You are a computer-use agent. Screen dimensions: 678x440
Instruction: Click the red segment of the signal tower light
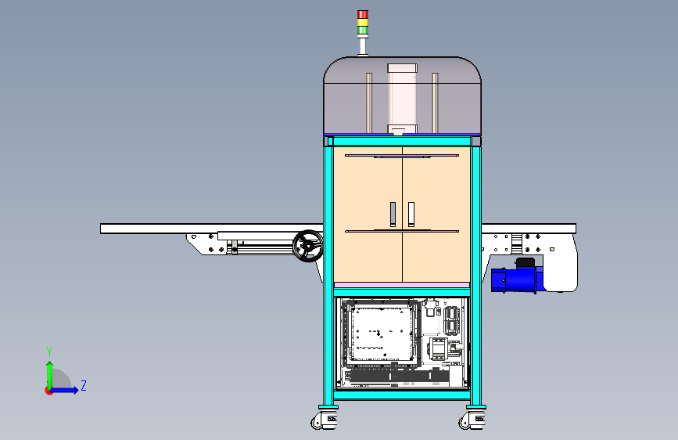(363, 14)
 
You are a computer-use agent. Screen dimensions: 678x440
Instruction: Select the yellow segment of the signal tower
(363, 23)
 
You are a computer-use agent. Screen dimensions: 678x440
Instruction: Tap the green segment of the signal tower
(363, 31)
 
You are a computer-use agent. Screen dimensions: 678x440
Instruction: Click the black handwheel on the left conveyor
(308, 246)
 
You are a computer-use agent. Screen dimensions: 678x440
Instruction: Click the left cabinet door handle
(393, 214)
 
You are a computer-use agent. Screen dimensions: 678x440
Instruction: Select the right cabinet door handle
(411, 214)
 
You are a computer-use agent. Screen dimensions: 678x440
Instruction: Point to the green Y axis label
(49, 352)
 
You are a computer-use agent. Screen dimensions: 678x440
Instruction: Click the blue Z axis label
(84, 385)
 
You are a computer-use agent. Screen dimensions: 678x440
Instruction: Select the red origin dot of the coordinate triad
(48, 391)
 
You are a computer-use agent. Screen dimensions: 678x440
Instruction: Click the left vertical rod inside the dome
(369, 103)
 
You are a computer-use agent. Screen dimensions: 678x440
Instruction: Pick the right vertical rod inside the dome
(435, 103)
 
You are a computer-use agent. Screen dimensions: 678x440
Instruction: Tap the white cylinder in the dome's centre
(402, 99)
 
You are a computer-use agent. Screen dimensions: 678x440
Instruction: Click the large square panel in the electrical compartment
(381, 333)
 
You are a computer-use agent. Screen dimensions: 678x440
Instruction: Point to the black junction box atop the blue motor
(526, 262)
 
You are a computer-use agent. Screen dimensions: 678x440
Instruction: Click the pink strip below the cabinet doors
(402, 285)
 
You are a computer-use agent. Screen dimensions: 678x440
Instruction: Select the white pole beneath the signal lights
(363, 45)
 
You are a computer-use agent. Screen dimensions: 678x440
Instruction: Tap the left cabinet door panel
(368, 215)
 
